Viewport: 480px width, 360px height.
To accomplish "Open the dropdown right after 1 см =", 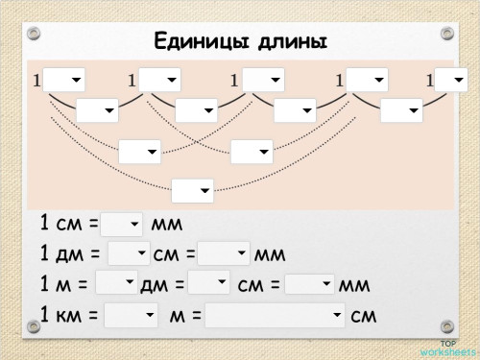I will tap(122, 224).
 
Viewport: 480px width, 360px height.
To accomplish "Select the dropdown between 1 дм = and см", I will tap(129, 254).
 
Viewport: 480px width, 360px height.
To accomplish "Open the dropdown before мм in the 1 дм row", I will tap(224, 254).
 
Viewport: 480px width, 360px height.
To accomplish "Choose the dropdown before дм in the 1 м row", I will tap(117, 283).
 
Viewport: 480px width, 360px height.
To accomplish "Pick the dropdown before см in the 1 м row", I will tap(209, 283).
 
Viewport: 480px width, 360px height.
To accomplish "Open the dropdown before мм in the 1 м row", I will tap(309, 284).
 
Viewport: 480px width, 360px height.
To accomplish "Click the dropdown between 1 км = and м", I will tap(131, 315).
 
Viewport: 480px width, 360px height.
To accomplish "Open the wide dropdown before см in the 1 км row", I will tap(275, 315).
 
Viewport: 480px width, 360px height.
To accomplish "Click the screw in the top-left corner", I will tap(35, 34).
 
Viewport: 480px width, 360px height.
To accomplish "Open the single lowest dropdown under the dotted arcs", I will tap(192, 191).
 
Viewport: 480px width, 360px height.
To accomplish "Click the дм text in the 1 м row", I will tap(156, 284).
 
